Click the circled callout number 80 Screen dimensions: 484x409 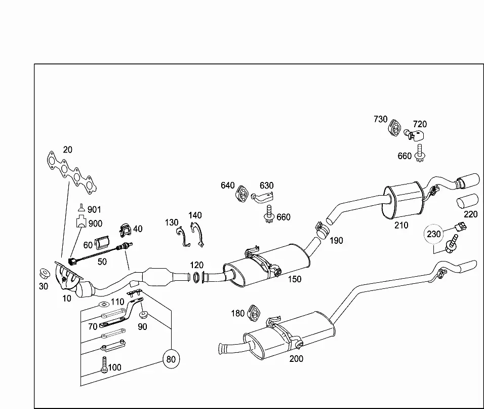click(171, 359)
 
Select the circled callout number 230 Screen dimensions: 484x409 click(434, 234)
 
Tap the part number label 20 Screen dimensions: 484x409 click(68, 150)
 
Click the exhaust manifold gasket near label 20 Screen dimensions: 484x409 click(71, 172)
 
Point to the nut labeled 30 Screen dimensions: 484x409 click(45, 274)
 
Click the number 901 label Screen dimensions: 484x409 click(94, 210)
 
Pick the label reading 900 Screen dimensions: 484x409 click(95, 224)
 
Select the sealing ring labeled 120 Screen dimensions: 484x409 click(196, 277)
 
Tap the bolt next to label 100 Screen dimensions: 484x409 click(104, 364)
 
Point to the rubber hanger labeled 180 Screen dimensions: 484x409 click(254, 313)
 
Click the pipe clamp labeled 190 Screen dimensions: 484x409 click(321, 230)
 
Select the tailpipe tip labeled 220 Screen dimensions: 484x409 click(467, 203)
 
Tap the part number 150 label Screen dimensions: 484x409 click(295, 279)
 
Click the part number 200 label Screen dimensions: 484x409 click(296, 359)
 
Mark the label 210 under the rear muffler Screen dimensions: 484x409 click(401, 225)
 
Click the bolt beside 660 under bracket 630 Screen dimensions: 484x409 click(269, 214)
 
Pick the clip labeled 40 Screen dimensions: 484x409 click(126, 230)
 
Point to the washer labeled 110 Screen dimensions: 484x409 click(104, 305)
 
